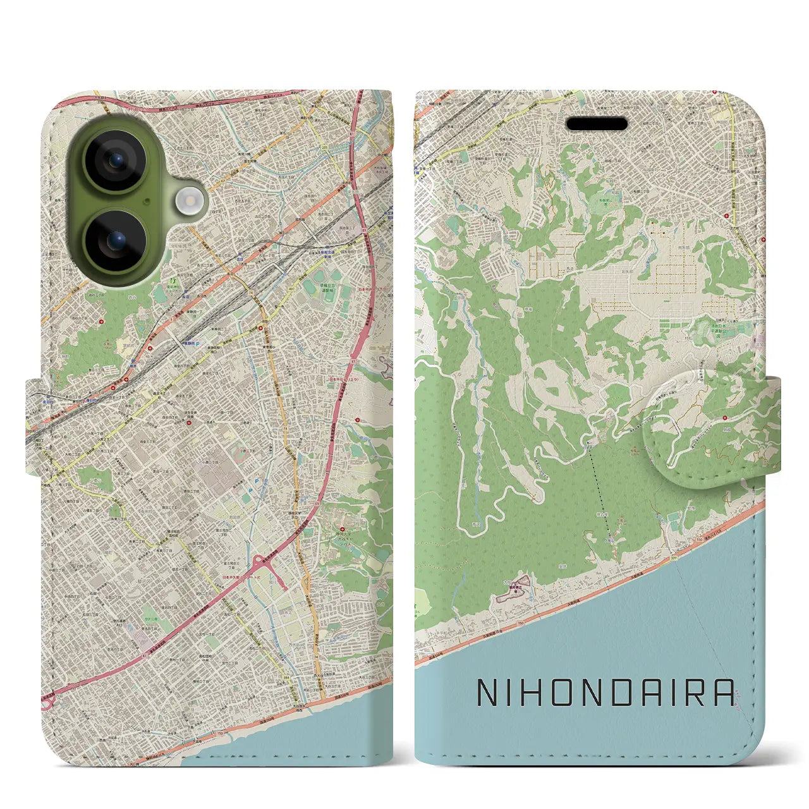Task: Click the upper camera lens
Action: tap(116, 162)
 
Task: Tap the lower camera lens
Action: tap(116, 241)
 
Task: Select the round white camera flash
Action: tap(188, 202)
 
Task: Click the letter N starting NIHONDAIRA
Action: tap(487, 693)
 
